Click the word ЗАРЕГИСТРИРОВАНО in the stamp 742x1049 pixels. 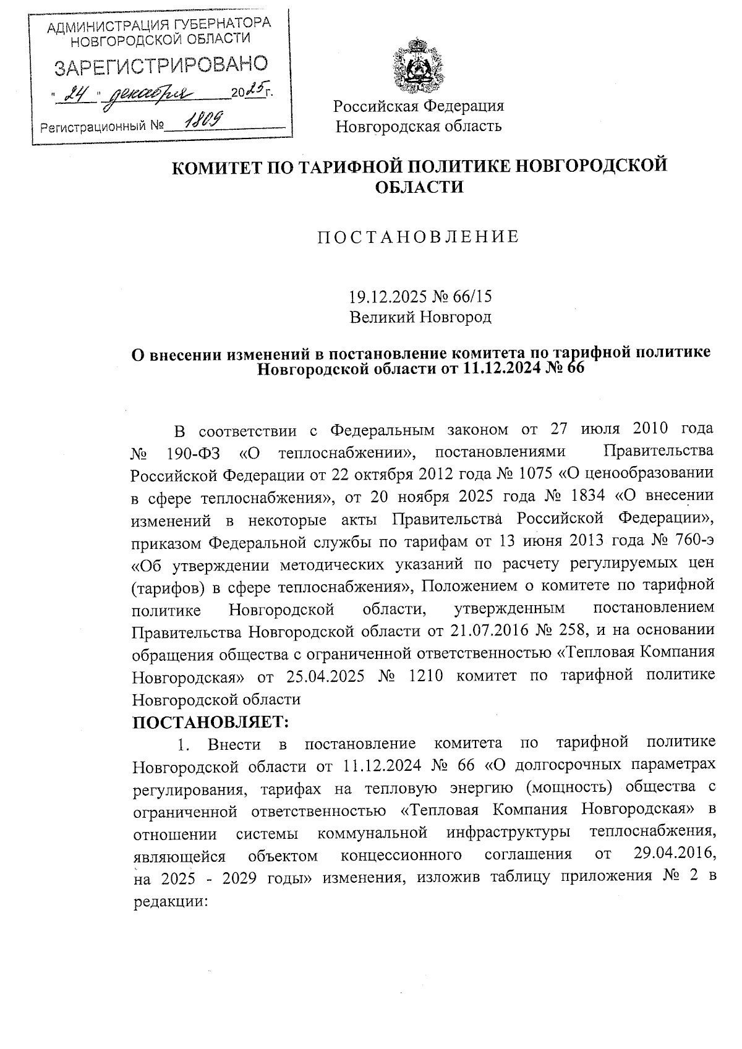tap(161, 66)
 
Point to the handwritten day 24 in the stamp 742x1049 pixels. tap(78, 94)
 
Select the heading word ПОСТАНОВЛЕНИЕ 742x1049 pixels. tap(419, 237)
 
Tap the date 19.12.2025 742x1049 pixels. tap(386, 297)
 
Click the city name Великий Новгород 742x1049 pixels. tap(420, 318)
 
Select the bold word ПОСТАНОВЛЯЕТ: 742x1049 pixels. tap(211, 721)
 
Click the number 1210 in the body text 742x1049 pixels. tap(426, 675)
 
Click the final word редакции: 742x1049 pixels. tap(169, 901)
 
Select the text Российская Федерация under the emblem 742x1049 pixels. tap(419, 106)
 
